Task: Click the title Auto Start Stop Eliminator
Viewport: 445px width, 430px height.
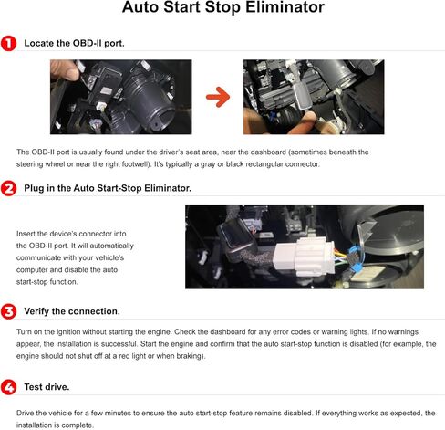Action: click(222, 11)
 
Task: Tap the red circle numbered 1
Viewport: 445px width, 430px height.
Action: click(8, 43)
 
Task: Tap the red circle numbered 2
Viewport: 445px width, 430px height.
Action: click(8, 188)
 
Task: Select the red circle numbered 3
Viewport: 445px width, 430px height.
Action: click(8, 311)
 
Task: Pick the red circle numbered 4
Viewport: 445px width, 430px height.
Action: click(8, 387)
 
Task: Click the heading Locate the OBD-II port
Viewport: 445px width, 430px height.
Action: click(75, 43)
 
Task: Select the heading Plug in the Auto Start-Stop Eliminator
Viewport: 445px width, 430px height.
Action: click(108, 188)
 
